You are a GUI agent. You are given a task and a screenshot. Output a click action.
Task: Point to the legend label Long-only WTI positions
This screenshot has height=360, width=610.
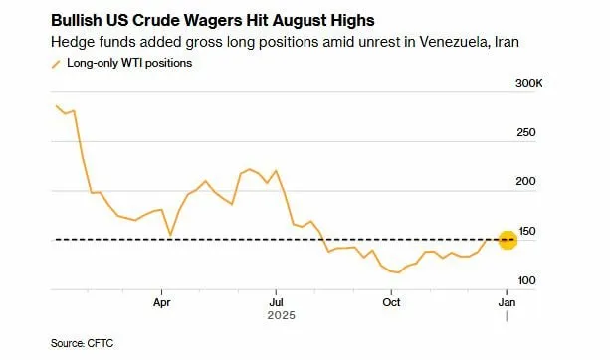pyautogui.click(x=129, y=63)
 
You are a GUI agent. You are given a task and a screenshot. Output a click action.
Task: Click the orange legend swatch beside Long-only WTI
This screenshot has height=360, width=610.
pyautogui.click(x=56, y=63)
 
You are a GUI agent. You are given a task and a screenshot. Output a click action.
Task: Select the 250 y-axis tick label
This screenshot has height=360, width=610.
pyautogui.click(x=525, y=133)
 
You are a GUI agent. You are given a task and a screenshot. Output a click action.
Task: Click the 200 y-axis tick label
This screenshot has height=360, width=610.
pyautogui.click(x=525, y=182)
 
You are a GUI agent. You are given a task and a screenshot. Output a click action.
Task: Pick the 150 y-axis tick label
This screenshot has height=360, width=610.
pyautogui.click(x=525, y=231)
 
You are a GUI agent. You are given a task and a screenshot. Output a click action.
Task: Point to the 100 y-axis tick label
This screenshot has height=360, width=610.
pyautogui.click(x=525, y=280)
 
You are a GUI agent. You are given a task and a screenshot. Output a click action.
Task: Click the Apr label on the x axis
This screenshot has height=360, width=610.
pyautogui.click(x=161, y=302)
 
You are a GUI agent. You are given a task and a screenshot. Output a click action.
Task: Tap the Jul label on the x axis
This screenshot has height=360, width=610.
pyautogui.click(x=277, y=302)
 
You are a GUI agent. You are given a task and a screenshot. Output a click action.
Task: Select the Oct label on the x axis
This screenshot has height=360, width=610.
pyautogui.click(x=392, y=302)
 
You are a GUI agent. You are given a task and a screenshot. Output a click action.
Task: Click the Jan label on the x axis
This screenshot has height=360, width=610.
pyautogui.click(x=507, y=302)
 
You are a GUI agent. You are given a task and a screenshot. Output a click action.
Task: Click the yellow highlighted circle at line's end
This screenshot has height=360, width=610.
pyautogui.click(x=507, y=240)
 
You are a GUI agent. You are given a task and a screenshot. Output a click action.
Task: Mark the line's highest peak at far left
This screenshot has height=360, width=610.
pyautogui.click(x=57, y=105)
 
